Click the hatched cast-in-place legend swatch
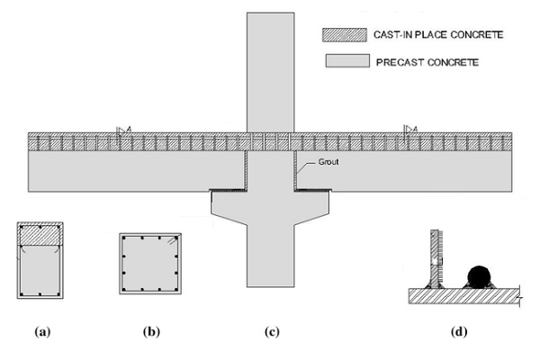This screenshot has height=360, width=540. pyautogui.click(x=343, y=34)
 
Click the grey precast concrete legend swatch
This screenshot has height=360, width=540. pyautogui.click(x=343, y=62)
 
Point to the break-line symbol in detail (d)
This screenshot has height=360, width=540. pyautogui.click(x=521, y=293)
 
